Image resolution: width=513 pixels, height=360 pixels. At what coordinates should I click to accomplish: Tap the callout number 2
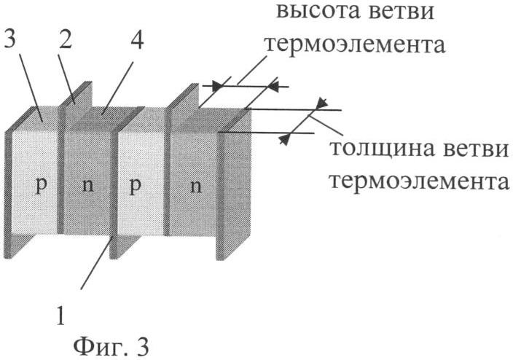point(66,39)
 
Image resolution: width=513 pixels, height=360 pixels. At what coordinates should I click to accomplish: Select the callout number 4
point(136,39)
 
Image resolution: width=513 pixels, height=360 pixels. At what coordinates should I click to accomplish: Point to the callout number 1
point(61,315)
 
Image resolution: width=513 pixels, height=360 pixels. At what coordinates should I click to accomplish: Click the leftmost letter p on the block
point(42,187)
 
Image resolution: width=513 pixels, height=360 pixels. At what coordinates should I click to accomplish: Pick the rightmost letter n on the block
point(195,187)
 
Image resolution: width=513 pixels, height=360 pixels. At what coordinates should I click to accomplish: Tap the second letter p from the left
point(135,187)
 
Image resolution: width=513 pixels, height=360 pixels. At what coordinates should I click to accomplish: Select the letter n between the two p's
point(88,186)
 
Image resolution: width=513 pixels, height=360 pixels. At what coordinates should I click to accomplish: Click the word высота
point(316,12)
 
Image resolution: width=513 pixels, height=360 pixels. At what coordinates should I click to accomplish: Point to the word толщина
point(379,148)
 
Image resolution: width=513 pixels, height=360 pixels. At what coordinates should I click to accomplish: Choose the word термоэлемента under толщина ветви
point(420,181)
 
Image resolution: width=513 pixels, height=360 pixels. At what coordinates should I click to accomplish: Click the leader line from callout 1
point(97,263)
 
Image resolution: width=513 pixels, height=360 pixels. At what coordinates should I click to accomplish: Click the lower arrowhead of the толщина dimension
point(285,140)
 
